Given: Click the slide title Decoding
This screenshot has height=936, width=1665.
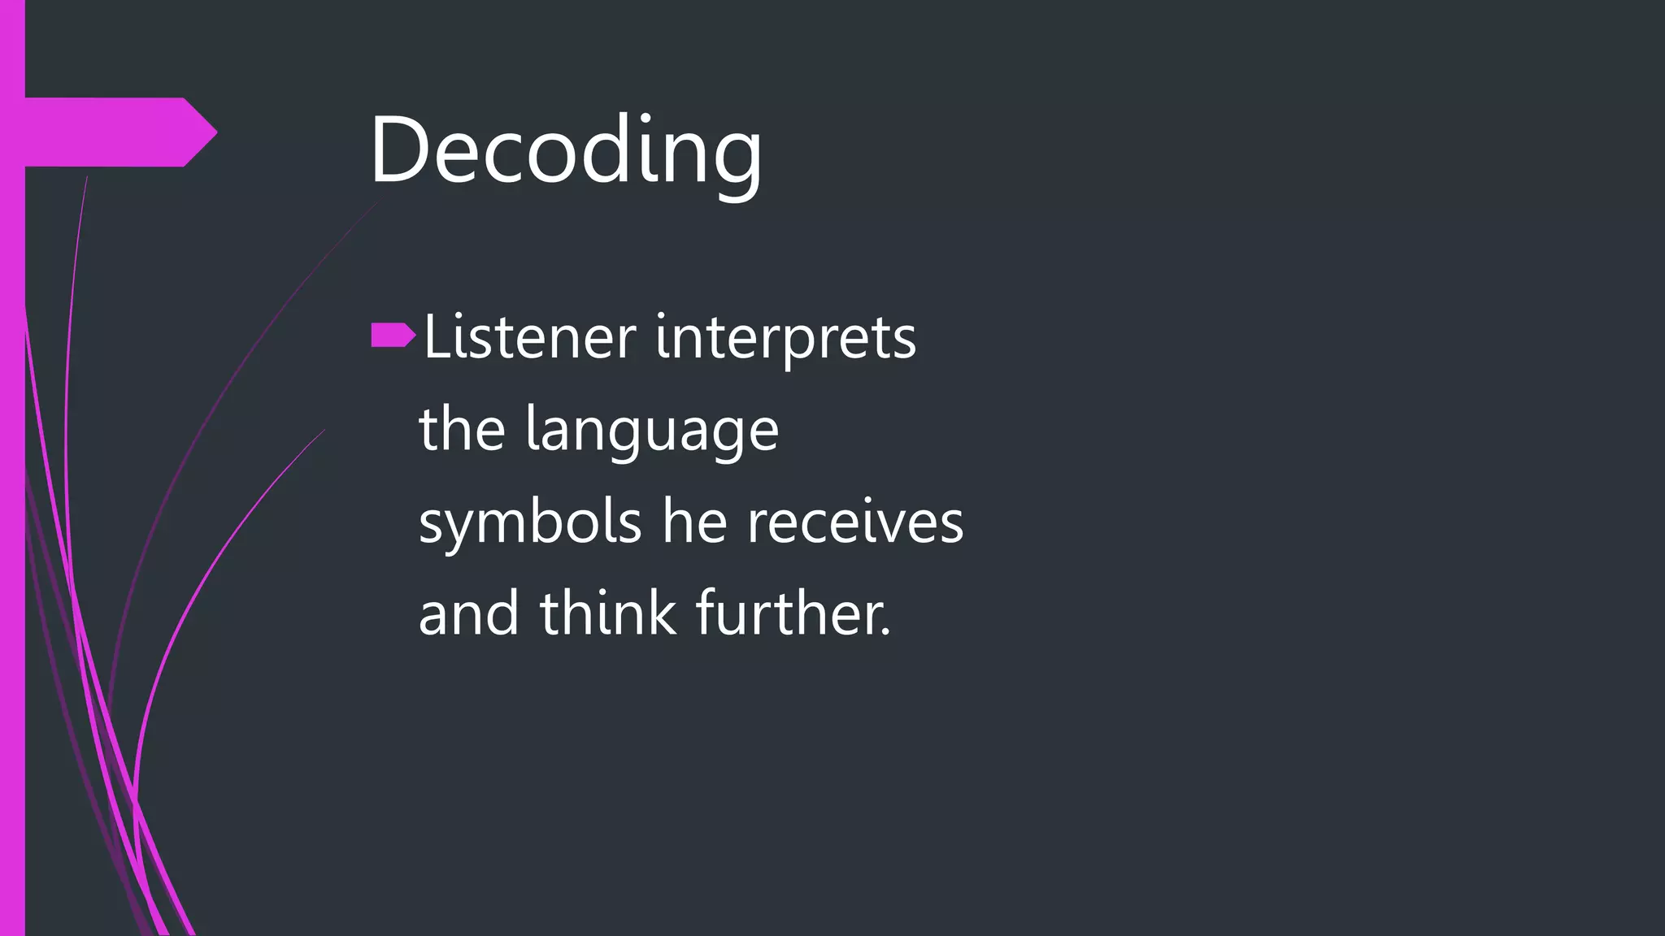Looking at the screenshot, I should pos(566,150).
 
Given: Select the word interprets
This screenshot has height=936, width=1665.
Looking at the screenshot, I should pos(785,338).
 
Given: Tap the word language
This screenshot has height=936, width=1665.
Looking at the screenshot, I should pos(652,431).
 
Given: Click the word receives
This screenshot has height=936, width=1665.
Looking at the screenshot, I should pos(855,522).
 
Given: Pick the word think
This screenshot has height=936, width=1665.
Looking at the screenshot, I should pos(607,613).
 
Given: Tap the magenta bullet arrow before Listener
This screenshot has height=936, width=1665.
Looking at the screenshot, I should pos(393,335).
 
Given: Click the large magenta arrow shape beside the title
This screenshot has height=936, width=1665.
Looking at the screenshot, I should pos(114,132).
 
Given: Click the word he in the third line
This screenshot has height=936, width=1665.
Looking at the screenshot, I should pos(694,522).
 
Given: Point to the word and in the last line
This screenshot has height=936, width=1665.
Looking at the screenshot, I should pos(468,613).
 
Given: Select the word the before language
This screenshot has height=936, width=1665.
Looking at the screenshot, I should pos(462,430).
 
